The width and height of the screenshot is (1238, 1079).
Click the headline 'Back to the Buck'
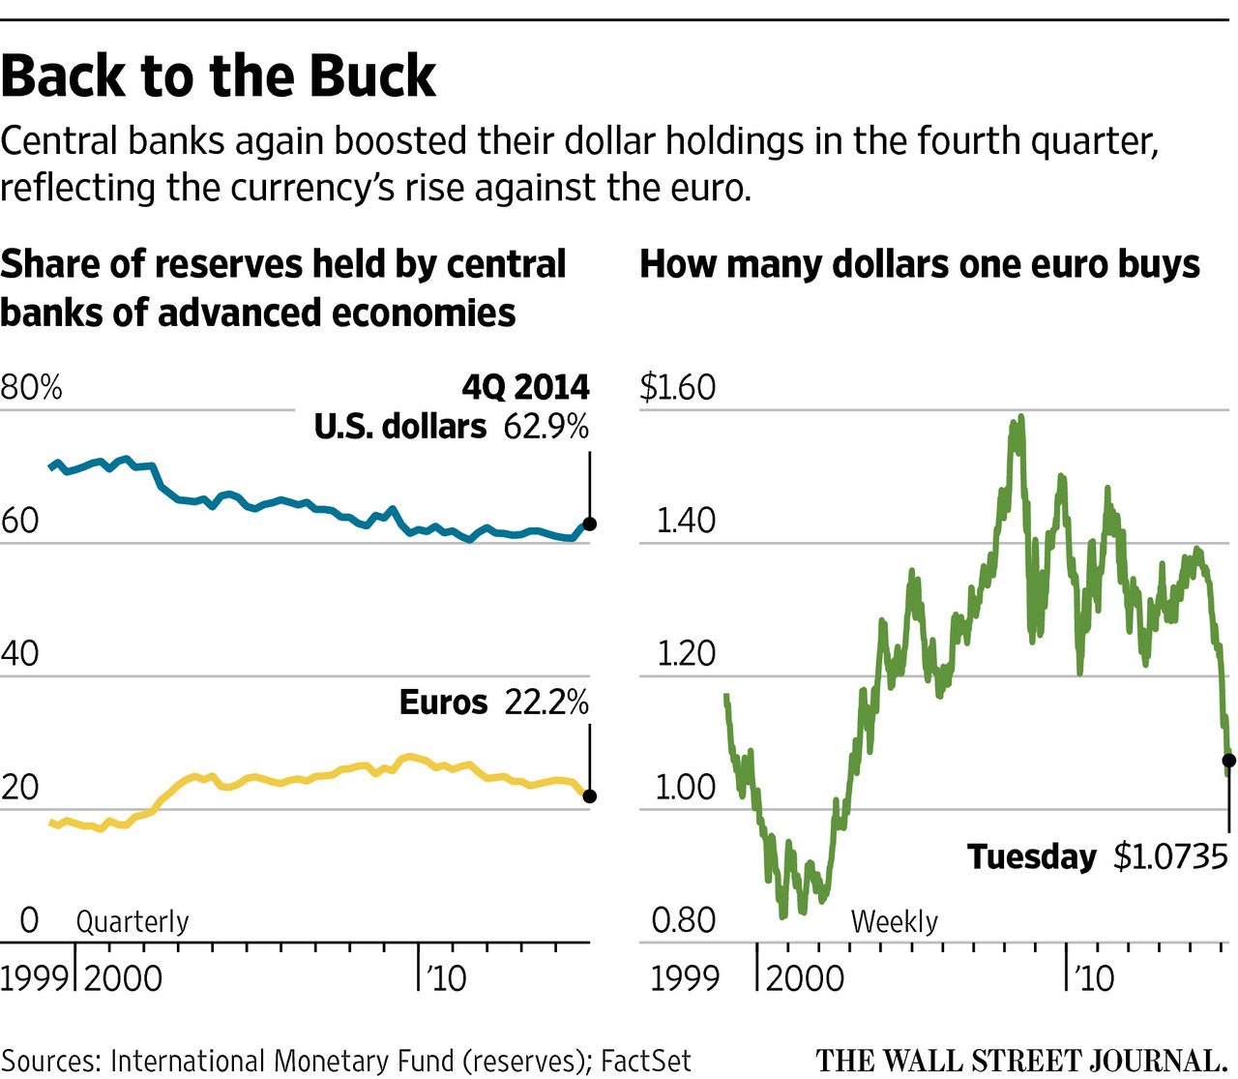pyautogui.click(x=219, y=76)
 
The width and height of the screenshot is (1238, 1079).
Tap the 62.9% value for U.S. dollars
pyautogui.click(x=545, y=427)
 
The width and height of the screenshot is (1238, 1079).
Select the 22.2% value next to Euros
pyautogui.click(x=546, y=703)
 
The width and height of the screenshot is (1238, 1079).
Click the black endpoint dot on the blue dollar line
pyautogui.click(x=589, y=524)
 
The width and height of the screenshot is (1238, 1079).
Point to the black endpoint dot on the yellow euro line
pyautogui.click(x=589, y=796)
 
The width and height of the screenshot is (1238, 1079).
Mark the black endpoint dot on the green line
pyautogui.click(x=1228, y=761)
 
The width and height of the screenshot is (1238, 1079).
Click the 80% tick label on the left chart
pyautogui.click(x=31, y=388)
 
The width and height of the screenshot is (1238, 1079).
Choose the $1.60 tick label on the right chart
pyautogui.click(x=677, y=388)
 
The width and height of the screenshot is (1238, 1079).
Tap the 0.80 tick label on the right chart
pyautogui.click(x=683, y=920)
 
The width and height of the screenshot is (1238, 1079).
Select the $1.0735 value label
pyautogui.click(x=1170, y=857)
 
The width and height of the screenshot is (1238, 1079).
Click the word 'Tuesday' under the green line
pyautogui.click(x=1032, y=857)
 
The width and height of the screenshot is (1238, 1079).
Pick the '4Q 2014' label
pyautogui.click(x=525, y=388)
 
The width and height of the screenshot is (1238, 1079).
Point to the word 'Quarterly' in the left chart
pyautogui.click(x=133, y=921)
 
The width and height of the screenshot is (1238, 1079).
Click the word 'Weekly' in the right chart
pyautogui.click(x=895, y=921)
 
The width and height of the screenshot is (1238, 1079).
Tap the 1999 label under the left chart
pyautogui.click(x=35, y=977)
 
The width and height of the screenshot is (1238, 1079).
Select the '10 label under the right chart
pyautogui.click(x=1094, y=977)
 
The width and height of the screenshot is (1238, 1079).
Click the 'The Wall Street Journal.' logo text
pyautogui.click(x=1022, y=1060)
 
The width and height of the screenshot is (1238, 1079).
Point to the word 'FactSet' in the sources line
pyautogui.click(x=646, y=1061)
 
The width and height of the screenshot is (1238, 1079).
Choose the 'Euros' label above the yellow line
pyautogui.click(x=443, y=703)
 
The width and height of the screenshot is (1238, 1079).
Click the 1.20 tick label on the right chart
pyautogui.click(x=686, y=654)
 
